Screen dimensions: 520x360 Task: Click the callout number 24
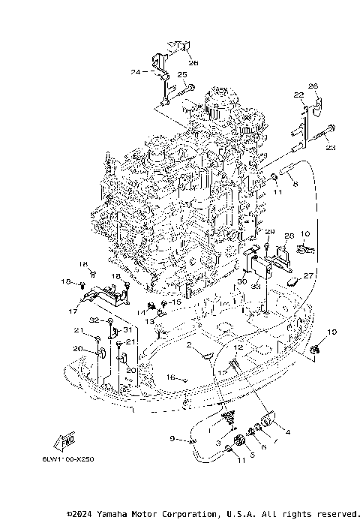point(135,72)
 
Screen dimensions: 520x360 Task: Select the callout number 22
point(298,95)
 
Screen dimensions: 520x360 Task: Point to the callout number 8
point(295,184)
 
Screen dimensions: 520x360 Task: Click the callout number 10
point(304,234)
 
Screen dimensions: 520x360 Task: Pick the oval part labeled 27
point(294,281)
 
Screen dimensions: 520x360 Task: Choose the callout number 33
point(256,286)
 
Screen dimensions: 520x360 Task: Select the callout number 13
point(149,321)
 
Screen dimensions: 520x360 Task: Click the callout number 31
point(127,330)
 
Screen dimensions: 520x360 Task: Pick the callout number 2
point(190,345)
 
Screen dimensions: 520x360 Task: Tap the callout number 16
point(171,377)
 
